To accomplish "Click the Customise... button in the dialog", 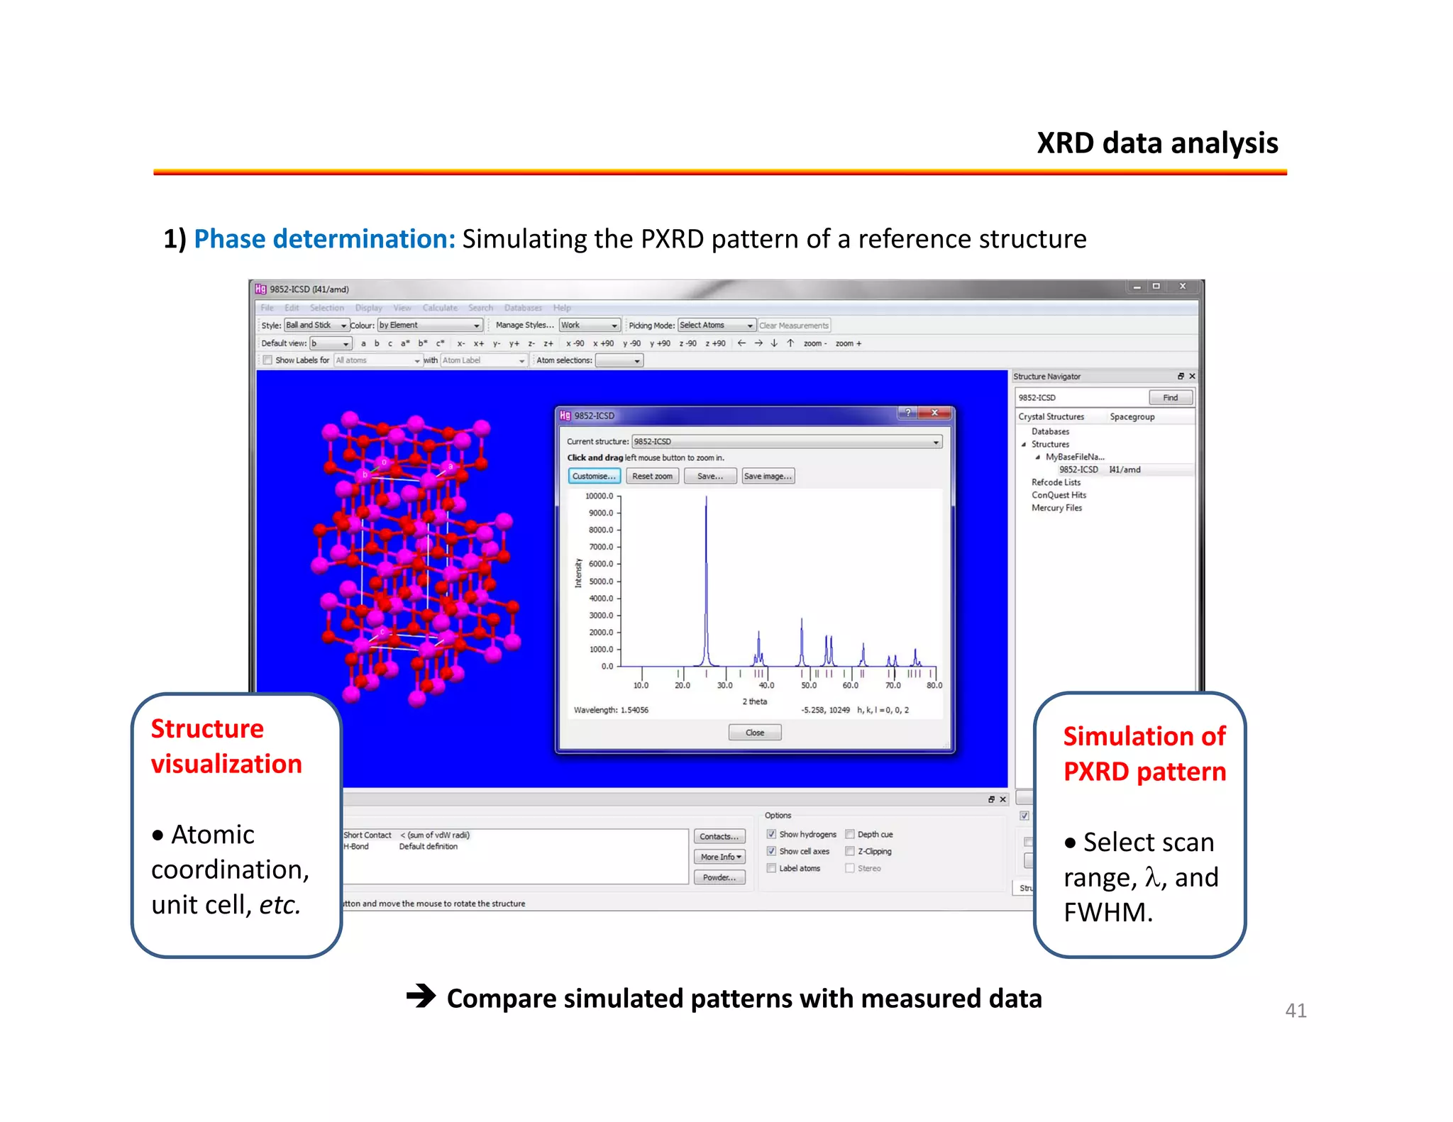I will click(x=594, y=476).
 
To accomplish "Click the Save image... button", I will click(x=767, y=476).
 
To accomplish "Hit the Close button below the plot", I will click(x=754, y=733).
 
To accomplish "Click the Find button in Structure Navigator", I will click(x=1170, y=398).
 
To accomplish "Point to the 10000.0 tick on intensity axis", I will click(x=599, y=496).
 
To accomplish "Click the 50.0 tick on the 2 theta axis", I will click(x=808, y=685).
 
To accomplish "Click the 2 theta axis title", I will click(x=754, y=701).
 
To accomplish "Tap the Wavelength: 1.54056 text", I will click(x=611, y=710).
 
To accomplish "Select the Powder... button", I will click(x=719, y=877).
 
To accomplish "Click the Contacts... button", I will click(x=719, y=837).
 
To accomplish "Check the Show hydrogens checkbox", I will click(x=771, y=834).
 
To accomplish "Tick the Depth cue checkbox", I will click(x=849, y=834).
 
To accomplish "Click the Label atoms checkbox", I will click(x=771, y=868).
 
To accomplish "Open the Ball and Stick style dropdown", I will click(x=316, y=325).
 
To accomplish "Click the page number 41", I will click(x=1295, y=1011).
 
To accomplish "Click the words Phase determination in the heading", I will click(x=324, y=239).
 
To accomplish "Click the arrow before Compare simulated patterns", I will click(x=421, y=996).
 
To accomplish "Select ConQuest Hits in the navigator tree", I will click(x=1059, y=495).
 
